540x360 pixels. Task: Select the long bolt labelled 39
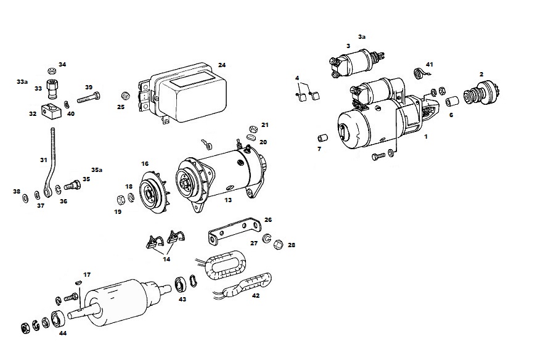[89, 98]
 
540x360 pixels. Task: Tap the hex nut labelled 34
[51, 71]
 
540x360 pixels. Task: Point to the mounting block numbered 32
[51, 111]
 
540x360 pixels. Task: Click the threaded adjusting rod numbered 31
[51, 162]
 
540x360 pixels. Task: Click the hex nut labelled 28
[279, 245]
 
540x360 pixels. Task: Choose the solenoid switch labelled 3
[356, 63]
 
